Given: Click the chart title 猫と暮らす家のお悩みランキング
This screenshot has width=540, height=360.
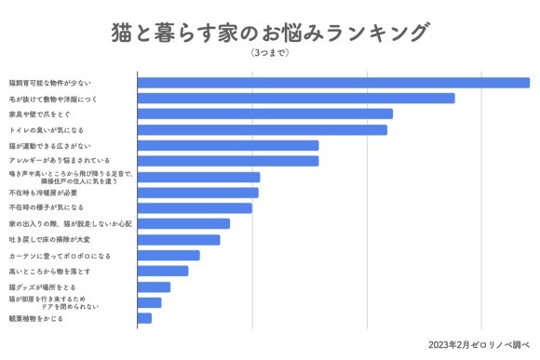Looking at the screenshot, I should tap(269, 33).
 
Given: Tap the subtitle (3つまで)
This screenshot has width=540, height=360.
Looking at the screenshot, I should tap(270, 53).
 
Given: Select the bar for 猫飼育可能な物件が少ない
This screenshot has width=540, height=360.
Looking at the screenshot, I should tap(333, 82).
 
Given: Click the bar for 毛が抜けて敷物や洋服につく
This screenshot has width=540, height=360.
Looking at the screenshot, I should tap(296, 98).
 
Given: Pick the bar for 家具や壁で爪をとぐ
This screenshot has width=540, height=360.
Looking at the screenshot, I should tap(264, 113).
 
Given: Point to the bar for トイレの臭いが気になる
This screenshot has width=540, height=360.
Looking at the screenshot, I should tap(262, 129).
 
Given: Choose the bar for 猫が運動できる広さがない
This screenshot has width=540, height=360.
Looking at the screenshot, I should tap(228, 145).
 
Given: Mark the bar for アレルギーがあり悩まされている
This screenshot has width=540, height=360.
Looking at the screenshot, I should tap(228, 161).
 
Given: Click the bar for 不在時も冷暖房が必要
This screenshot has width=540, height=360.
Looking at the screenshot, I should tap(197, 193).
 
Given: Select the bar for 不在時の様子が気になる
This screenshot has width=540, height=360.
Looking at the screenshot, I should tap(195, 207).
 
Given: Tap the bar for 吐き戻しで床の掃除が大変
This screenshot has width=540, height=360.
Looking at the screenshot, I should tap(179, 240).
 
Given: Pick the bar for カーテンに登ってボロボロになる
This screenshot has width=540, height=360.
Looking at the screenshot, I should tap(169, 255).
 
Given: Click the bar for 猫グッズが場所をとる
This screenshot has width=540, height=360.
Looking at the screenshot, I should tap(154, 287).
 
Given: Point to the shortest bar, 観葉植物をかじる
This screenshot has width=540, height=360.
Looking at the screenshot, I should tap(144, 318).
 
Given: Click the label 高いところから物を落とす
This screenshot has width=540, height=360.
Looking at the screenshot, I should tap(49, 271).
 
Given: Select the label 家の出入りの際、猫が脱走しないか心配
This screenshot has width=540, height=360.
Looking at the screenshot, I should tap(71, 223).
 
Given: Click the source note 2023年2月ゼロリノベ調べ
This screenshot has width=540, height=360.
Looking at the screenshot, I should tap(479, 345).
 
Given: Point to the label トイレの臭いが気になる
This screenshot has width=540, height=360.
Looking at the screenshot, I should tap(46, 129).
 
